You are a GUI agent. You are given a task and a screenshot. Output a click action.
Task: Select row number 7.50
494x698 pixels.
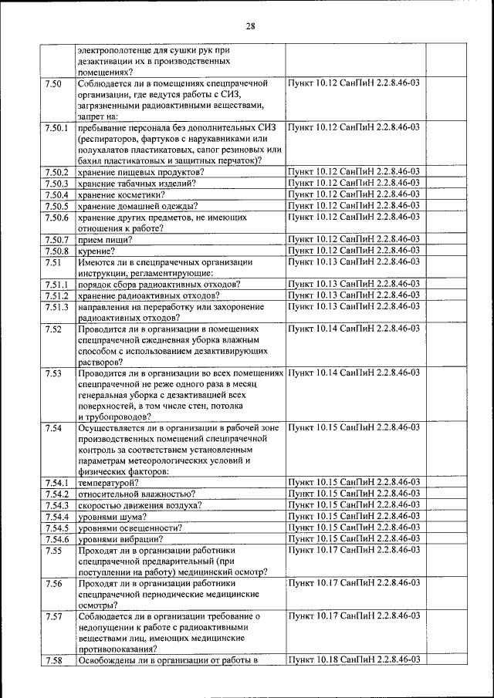[53, 83]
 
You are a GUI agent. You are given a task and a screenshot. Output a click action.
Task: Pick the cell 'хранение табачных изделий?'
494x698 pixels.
[136, 183]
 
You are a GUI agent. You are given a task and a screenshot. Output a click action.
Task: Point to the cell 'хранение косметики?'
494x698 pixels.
[120, 194]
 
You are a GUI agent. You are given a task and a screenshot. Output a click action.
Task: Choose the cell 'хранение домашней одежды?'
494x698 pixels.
[137, 206]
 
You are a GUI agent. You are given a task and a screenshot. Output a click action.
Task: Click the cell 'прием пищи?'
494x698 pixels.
[104, 240]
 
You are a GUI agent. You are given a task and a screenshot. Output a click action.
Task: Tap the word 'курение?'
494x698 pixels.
[96, 251]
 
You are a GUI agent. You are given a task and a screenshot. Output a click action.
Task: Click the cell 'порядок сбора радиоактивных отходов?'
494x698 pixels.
[158, 285]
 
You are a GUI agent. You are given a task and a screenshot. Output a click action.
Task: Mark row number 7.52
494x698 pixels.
[53, 329]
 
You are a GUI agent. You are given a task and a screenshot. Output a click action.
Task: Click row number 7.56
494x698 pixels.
[53, 583]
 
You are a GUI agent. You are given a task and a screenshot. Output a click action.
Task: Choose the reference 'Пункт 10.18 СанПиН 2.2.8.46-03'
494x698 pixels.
[354, 660]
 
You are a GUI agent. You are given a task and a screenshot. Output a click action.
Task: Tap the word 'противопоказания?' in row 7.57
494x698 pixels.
[123, 649]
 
